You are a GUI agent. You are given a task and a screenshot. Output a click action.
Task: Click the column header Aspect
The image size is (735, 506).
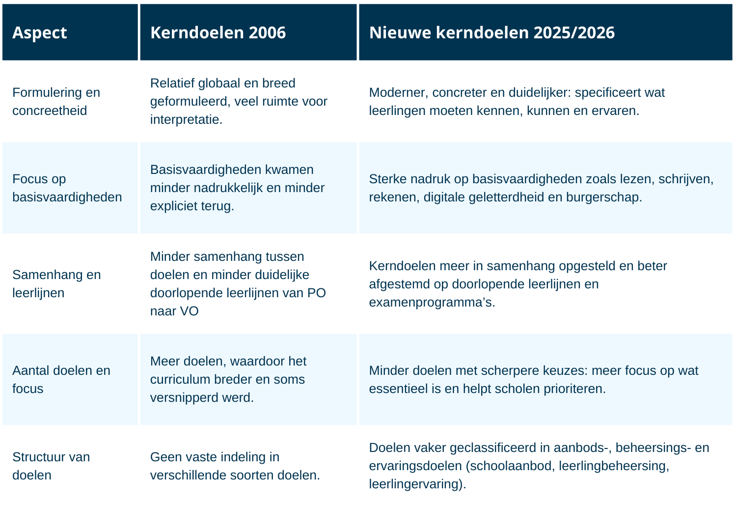click(40, 33)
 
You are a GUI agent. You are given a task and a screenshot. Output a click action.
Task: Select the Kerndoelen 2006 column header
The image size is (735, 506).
click(218, 33)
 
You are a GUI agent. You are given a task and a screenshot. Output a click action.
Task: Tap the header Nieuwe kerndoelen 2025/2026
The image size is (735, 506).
click(491, 33)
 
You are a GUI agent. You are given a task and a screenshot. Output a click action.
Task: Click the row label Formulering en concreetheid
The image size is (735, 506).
click(56, 101)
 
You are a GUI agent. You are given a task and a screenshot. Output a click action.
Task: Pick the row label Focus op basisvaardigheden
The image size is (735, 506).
click(67, 188)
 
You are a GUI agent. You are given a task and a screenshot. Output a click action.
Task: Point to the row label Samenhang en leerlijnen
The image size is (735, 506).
click(56, 283)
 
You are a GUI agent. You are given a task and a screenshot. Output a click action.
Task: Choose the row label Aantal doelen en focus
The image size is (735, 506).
click(61, 379)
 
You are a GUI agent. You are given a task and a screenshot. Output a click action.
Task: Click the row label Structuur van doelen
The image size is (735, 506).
click(51, 466)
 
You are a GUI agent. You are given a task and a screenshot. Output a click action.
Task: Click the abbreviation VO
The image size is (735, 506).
click(189, 311)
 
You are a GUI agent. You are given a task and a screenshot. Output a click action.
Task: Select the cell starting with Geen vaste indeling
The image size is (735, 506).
click(235, 466)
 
